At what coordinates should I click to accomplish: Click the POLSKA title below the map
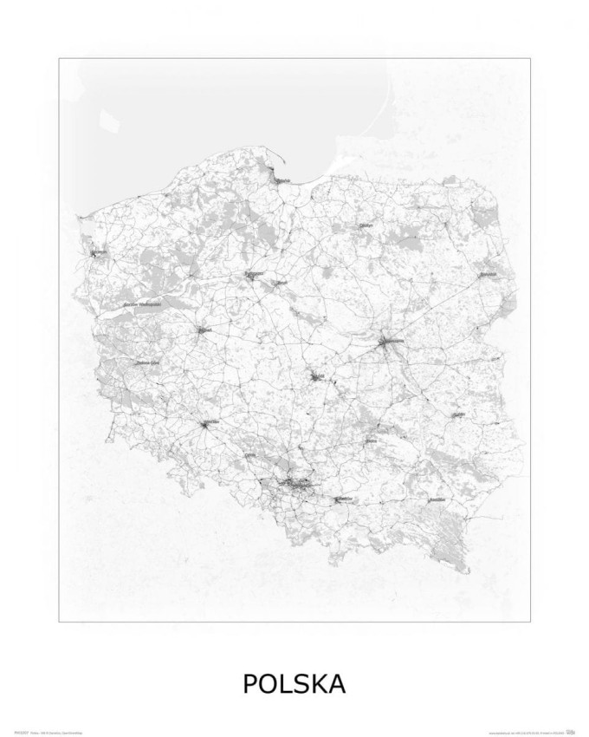point(294,683)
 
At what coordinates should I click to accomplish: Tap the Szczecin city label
point(99,253)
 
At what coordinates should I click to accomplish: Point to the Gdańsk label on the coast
point(282,180)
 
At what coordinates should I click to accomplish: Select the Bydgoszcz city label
point(253,274)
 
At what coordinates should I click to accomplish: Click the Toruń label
point(281,283)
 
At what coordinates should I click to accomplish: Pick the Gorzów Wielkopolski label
point(144,305)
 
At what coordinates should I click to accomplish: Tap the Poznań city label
point(205,330)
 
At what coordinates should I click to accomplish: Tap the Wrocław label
point(209,424)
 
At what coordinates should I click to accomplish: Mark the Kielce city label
point(371,440)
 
